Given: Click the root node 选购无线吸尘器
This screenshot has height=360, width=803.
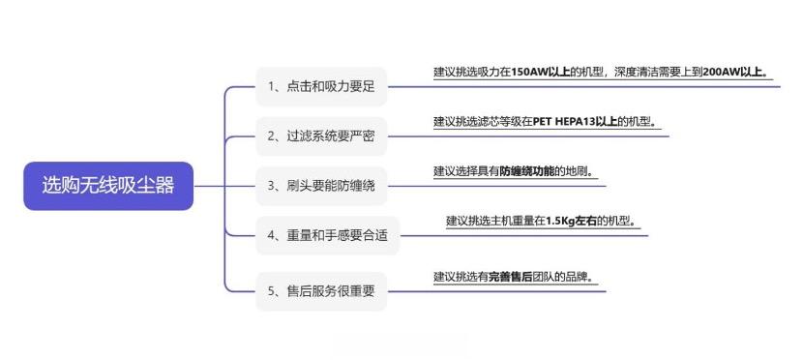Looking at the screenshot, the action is point(108,186).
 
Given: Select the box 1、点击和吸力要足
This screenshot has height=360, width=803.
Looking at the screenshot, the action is point(321,86).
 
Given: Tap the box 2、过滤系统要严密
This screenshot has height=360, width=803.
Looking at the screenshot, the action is point(321,136).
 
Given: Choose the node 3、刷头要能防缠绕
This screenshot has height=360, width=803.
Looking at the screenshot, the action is point(321,186).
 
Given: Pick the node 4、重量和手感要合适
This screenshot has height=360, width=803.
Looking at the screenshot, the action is point(327,235).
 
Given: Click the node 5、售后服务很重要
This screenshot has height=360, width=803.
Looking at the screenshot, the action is point(321,291).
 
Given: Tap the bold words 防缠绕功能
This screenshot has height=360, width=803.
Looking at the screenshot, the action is point(527,171).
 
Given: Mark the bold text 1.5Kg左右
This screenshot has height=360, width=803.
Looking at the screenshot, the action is point(571,221).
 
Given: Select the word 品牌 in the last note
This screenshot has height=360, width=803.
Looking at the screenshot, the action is point(577,277).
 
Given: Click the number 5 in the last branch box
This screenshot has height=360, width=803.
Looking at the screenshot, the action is point(272,291).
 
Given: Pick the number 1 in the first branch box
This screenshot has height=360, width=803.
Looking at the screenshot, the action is point(272,86).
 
